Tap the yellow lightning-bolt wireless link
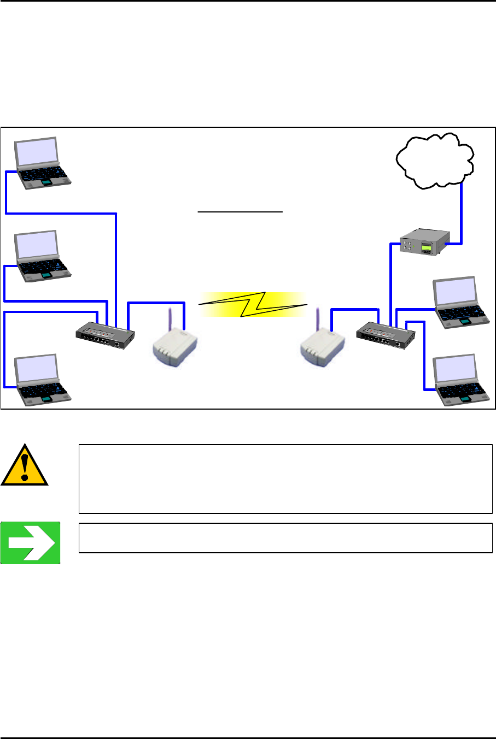pyautogui.click(x=253, y=304)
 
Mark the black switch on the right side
pyautogui.click(x=385, y=335)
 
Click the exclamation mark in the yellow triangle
pyautogui.click(x=24, y=465)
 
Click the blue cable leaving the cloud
pyautogui.click(x=462, y=213)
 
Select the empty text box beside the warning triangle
pyautogui.click(x=285, y=479)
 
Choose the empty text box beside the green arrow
pyautogui.click(x=285, y=538)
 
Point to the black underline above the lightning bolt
pyautogui.click(x=241, y=210)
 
